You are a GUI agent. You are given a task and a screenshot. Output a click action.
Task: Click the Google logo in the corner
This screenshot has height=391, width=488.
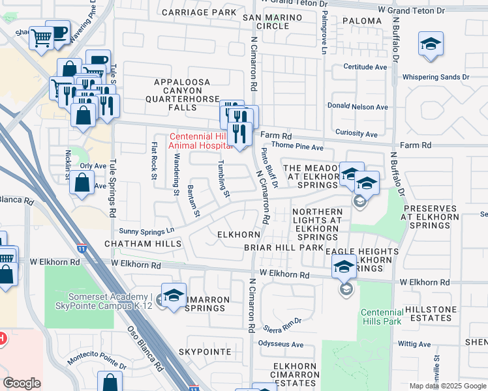(22, 383)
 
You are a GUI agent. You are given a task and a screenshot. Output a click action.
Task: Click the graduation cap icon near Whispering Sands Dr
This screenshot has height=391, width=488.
(431, 44)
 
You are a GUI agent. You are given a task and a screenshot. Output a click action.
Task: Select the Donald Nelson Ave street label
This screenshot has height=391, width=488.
(358, 107)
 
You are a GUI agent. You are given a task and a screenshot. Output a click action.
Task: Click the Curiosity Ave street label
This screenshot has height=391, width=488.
(361, 134)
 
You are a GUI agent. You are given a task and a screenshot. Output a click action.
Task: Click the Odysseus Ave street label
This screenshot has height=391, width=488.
(281, 344)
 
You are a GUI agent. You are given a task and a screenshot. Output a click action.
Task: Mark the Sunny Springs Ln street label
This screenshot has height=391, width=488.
(147, 230)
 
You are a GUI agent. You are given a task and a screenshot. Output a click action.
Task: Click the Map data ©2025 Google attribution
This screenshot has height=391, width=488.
(447, 386)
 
